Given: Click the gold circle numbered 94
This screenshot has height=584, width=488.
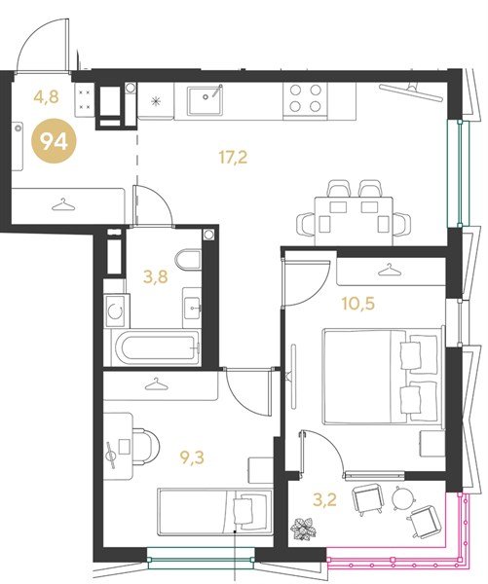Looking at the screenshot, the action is (54, 141).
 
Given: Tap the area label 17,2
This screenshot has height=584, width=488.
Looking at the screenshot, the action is (233, 158).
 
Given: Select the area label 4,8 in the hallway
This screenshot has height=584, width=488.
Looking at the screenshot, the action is (46, 97).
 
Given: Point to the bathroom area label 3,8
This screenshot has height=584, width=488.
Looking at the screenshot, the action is (156, 276).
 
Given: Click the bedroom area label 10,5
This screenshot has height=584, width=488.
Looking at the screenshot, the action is (358, 305).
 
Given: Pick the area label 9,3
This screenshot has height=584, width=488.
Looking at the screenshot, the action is (192, 458).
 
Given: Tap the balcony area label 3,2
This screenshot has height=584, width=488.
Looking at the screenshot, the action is (324, 500).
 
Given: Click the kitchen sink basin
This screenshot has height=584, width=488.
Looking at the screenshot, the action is (206, 100).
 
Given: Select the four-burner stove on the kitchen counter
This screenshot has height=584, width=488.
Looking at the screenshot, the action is (305, 98).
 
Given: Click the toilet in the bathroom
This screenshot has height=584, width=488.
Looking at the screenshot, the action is (188, 259).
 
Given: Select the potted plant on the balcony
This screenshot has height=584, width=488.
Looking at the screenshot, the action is (303, 529).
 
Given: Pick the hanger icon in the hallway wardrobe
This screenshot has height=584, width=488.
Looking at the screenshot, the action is (62, 204).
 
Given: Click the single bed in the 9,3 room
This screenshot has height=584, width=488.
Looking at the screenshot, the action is (215, 512).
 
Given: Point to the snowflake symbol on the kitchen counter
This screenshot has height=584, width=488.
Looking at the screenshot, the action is (156, 101).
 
